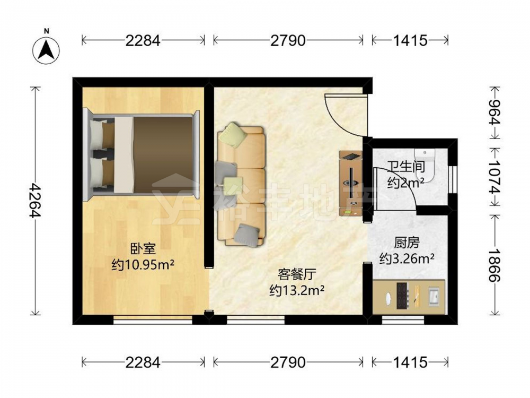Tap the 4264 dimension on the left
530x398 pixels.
click(x=34, y=201)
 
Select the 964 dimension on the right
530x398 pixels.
click(x=496, y=113)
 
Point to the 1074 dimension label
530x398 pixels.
click(x=496, y=177)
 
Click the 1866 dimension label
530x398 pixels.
click(x=496, y=265)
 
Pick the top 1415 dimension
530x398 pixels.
click(x=410, y=41)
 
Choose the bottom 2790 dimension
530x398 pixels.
click(x=288, y=362)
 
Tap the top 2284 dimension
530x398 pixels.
click(x=143, y=41)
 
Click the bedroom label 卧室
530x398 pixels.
click(x=143, y=249)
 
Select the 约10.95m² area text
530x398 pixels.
click(x=143, y=264)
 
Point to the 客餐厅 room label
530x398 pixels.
click(x=297, y=274)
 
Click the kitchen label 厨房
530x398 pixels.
click(x=407, y=243)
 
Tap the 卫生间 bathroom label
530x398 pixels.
click(x=405, y=167)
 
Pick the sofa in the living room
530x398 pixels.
click(x=240, y=185)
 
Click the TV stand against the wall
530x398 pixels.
click(x=351, y=183)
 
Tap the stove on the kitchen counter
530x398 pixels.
click(x=403, y=296)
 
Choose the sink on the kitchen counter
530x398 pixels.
click(x=434, y=297)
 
